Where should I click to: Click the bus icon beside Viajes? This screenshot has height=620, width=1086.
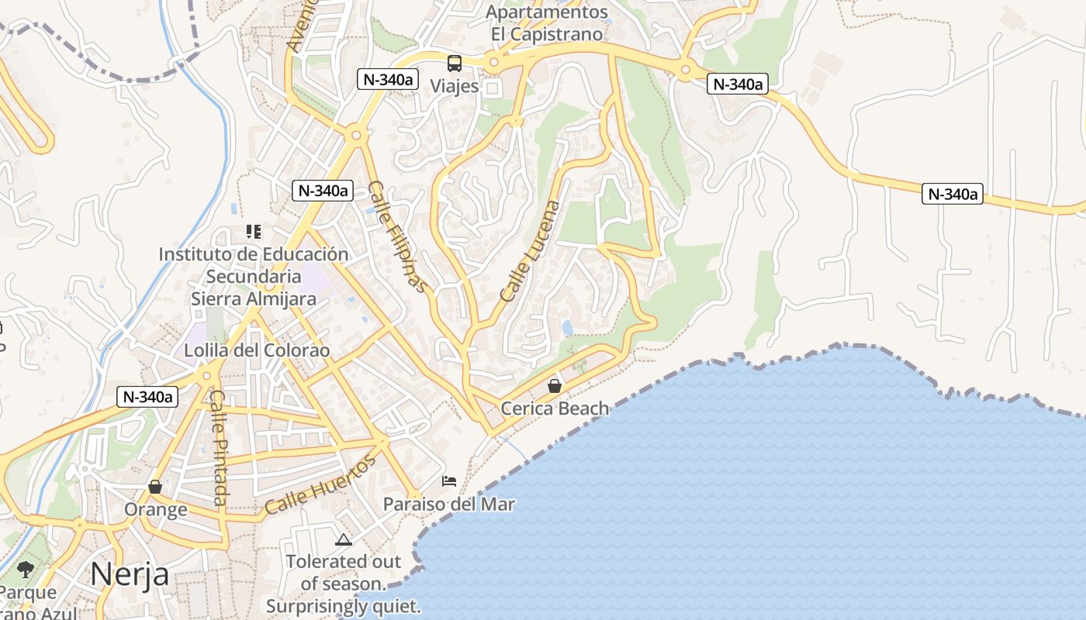[x=455, y=64]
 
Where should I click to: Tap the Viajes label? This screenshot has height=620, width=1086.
[x=455, y=86]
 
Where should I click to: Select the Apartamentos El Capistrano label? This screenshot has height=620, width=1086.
[x=547, y=23]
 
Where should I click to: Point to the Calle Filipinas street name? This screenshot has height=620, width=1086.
[x=398, y=237]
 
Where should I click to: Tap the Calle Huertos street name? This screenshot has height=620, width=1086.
[x=320, y=485]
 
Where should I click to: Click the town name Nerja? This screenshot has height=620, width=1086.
[x=130, y=574]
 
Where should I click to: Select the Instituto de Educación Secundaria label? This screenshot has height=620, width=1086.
[x=254, y=265]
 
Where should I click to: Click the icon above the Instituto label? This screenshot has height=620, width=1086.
[x=254, y=231]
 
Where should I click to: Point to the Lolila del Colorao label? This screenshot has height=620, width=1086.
[x=257, y=350]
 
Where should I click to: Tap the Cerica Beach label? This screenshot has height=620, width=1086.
[x=555, y=408]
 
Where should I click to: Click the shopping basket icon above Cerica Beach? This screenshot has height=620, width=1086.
[x=555, y=385]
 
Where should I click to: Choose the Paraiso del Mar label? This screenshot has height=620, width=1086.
[x=449, y=504]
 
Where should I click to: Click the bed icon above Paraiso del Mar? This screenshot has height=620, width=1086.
[x=449, y=481]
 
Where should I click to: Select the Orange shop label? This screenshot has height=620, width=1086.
[x=156, y=509]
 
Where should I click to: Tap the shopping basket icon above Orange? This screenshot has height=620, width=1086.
[x=155, y=487]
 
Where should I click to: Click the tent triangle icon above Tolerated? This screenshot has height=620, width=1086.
[x=344, y=539]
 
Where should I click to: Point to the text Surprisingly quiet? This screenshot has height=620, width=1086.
[x=344, y=605]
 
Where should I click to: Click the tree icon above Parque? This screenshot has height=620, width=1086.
[x=26, y=570]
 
